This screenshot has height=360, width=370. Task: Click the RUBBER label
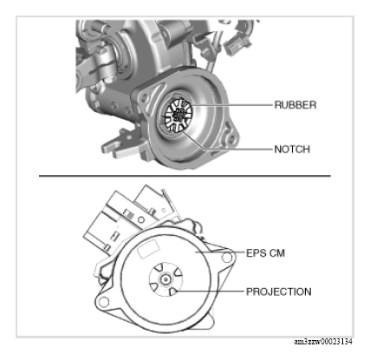tap(295, 105)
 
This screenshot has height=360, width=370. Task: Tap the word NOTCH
tap(292, 149)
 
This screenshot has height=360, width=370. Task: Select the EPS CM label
tap(265, 253)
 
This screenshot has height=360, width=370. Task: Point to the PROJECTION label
tap(278, 291)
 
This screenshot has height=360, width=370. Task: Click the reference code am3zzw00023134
tap(323, 342)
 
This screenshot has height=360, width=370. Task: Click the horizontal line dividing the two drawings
tap(185, 175)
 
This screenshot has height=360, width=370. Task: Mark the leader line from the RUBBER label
tap(232, 105)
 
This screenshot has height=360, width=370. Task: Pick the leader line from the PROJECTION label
tap(210, 291)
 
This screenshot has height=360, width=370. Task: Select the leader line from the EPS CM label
tap(220, 252)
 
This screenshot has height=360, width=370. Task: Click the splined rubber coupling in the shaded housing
tap(178, 115)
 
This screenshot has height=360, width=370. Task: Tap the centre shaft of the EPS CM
tap(166, 279)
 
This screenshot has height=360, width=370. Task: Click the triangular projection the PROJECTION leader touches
tap(173, 291)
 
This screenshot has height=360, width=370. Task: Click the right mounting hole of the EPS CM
tap(227, 257)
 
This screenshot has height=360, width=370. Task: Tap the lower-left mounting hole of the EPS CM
tap(104, 302)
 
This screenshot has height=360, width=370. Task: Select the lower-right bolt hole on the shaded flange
tap(230, 138)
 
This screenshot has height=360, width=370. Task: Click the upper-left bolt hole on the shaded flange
tap(144, 98)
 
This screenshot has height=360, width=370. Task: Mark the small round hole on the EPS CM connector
tap(141, 220)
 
